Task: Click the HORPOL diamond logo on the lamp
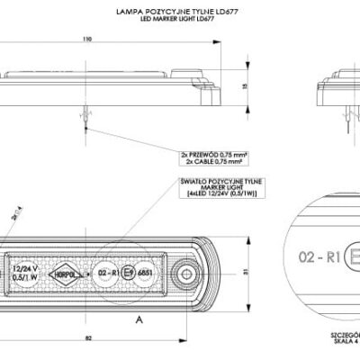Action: pyautogui.click(x=67, y=271)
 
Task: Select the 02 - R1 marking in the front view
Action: pyautogui.click(x=108, y=271)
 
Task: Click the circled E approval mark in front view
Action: pyautogui.click(x=129, y=271)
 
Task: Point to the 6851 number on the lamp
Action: pyautogui.click(x=147, y=271)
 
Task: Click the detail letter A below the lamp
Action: pyautogui.click(x=139, y=319)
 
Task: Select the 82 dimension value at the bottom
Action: pyautogui.click(x=87, y=337)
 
